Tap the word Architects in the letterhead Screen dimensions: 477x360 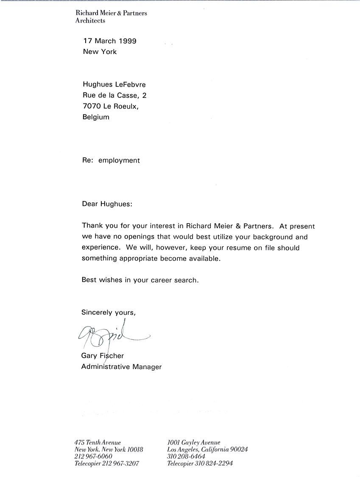click(x=90, y=20)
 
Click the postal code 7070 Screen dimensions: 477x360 click(x=91, y=106)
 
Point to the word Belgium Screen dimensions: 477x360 click(x=95, y=117)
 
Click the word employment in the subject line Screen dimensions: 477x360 click(x=119, y=161)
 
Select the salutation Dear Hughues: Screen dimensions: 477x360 click(x=107, y=204)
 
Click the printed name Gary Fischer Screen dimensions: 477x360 click(x=103, y=356)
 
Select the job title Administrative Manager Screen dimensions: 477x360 click(x=121, y=367)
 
